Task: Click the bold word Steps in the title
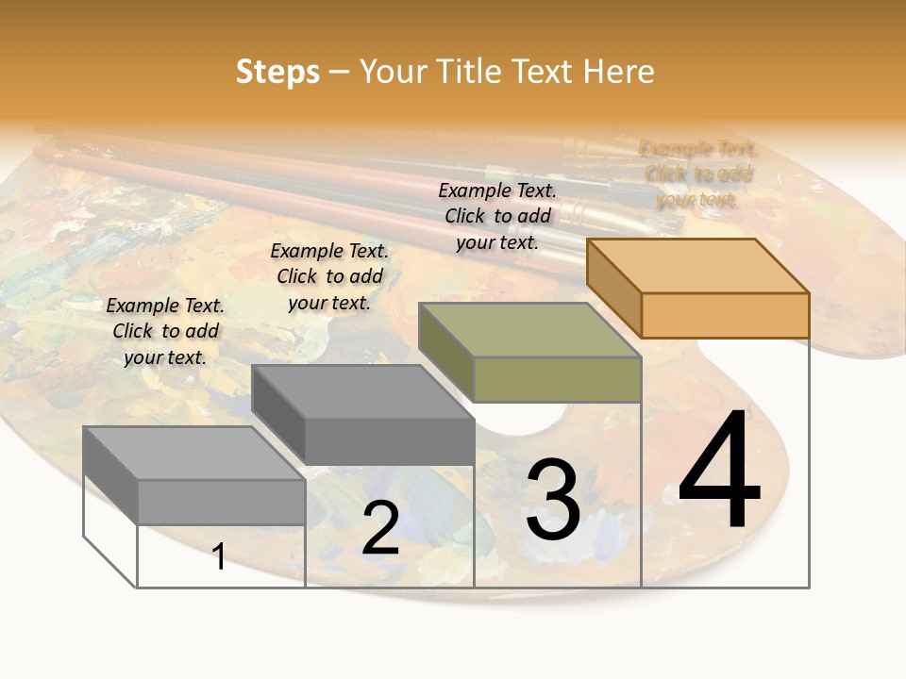[277, 72]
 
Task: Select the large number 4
[719, 472]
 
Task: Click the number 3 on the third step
[553, 499]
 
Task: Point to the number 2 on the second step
[380, 528]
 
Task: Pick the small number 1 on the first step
[219, 556]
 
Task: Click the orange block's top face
[696, 265]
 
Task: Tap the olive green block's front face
[557, 379]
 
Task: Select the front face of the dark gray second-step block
[389, 440]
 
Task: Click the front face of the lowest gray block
[221, 502]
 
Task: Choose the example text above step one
[165, 331]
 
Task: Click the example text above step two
[329, 276]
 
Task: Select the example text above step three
[497, 216]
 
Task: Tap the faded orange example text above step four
[698, 174]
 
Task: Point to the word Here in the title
[619, 72]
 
